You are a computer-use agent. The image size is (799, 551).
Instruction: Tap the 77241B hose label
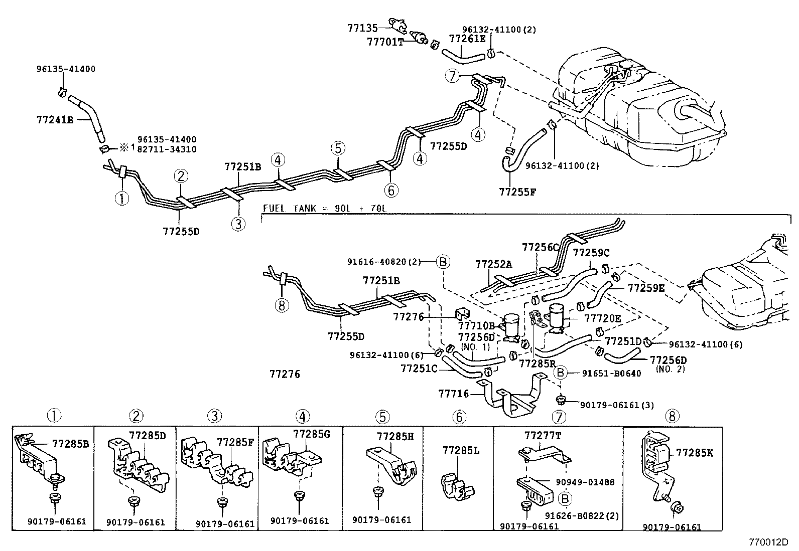click(x=55, y=120)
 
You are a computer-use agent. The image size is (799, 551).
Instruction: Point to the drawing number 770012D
click(x=768, y=542)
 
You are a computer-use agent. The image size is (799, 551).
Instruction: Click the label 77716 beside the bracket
click(x=454, y=394)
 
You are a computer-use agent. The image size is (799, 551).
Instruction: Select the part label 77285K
click(x=694, y=453)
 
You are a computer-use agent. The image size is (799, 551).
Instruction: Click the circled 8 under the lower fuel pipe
click(x=283, y=305)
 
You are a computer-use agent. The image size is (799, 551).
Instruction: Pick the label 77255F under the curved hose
click(x=517, y=191)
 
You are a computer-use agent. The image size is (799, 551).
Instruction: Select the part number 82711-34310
click(x=167, y=149)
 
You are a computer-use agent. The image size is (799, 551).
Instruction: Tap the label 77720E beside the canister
click(x=602, y=318)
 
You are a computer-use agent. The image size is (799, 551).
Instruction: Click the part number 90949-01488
click(x=585, y=482)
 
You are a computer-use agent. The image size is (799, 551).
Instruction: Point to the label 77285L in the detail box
click(x=461, y=451)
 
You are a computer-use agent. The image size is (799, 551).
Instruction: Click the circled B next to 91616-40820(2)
click(x=443, y=261)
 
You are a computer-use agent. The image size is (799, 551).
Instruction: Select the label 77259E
click(x=646, y=288)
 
